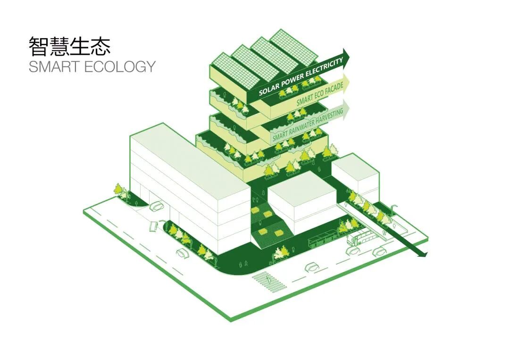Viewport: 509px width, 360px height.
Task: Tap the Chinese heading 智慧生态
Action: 69,46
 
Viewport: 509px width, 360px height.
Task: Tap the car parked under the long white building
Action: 156,206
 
